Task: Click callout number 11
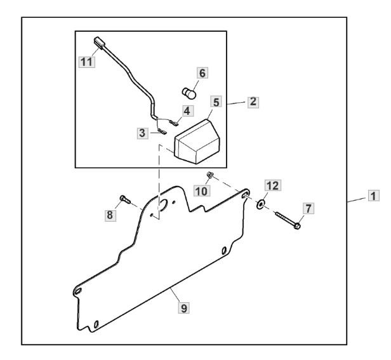pos(87,62)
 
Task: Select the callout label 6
pos(202,73)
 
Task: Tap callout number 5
pos(216,102)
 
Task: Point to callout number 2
pos(253,102)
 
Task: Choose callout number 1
pos(373,196)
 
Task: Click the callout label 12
pos(272,185)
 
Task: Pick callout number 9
pos(184,308)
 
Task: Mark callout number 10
pos(201,191)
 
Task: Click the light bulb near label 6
pos(189,93)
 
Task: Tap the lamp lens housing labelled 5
pos(197,142)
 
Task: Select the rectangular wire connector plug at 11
pos(99,43)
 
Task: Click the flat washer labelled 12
pos(260,204)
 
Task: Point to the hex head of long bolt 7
pos(297,226)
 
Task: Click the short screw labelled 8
pos(125,200)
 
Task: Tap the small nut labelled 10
pos(209,175)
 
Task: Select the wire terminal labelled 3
pos(162,131)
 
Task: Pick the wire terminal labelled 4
pos(174,123)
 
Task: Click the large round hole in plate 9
pos(164,205)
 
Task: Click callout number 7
pos(308,208)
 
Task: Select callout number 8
pos(110,215)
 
